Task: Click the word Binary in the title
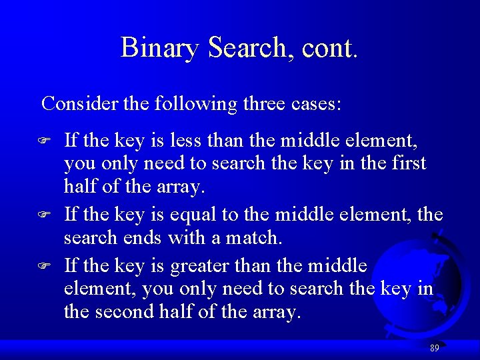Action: coord(161,49)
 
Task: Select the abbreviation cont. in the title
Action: coord(330,49)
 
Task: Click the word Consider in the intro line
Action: coord(74,104)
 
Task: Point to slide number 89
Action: coord(434,349)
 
